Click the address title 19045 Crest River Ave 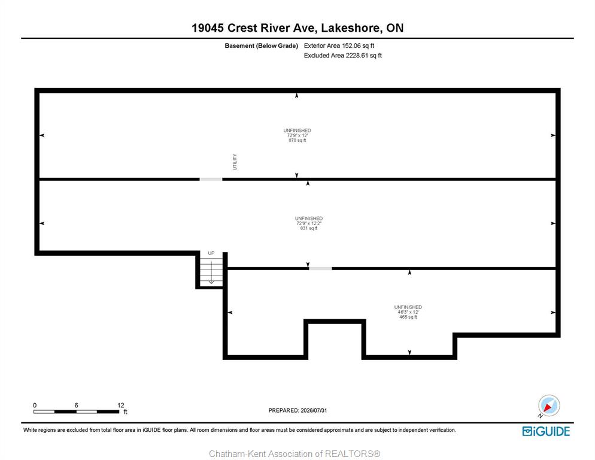254,28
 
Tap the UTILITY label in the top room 235,162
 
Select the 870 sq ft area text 297,140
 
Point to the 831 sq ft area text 309,228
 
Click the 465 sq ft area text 408,317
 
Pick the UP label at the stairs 211,253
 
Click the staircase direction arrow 211,273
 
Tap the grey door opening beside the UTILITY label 211,179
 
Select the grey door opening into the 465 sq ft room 320,268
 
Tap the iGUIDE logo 546,431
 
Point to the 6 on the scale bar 76,405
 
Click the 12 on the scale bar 121,405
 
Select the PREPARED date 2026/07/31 297,410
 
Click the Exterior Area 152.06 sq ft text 339,46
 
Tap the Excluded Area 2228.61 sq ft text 342,56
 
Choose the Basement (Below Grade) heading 261,46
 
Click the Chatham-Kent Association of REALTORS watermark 295,454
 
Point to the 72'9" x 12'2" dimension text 309,223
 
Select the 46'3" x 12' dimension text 408,312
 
